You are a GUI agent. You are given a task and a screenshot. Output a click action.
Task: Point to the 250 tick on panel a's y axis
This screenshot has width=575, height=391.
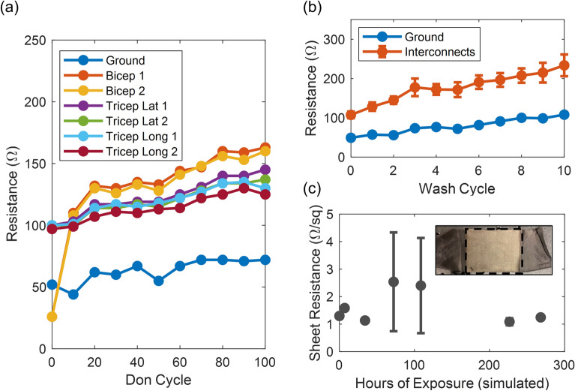click(x=32, y=41)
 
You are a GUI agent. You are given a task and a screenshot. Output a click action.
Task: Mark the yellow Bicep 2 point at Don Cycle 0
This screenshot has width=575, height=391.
click(x=52, y=317)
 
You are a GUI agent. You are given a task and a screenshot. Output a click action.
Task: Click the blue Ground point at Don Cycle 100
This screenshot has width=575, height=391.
click(x=265, y=260)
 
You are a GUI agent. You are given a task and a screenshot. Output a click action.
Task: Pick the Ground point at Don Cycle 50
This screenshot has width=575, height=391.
click(x=158, y=281)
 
